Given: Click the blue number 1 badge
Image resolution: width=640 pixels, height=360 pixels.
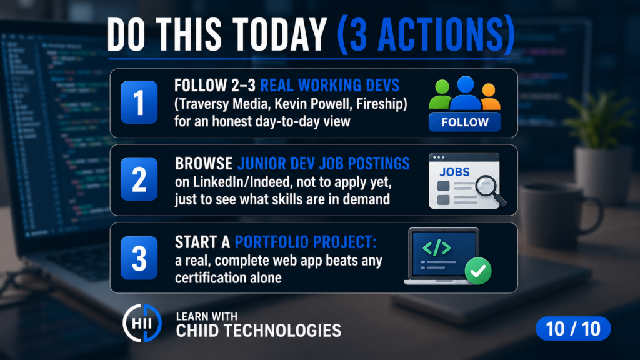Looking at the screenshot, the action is (x=139, y=102).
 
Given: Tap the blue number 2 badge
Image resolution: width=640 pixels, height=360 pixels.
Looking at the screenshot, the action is (x=139, y=179).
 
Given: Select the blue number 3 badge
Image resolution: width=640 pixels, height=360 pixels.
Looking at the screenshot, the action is (x=139, y=258).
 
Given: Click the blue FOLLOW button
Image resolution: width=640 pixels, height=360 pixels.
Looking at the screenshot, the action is (x=465, y=122).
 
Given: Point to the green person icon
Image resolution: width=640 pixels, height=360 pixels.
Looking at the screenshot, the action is (x=441, y=95).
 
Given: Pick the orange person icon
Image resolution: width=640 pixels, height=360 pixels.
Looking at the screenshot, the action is (x=489, y=97).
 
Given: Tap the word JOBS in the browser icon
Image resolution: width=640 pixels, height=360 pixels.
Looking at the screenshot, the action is (x=454, y=172).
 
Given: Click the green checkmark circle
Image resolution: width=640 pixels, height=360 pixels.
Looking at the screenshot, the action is (x=478, y=271).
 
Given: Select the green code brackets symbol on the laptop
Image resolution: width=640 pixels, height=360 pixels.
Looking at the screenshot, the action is (x=437, y=247).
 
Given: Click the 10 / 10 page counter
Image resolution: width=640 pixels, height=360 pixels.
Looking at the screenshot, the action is (x=573, y=329).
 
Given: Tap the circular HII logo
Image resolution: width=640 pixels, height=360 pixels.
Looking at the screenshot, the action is (x=142, y=323).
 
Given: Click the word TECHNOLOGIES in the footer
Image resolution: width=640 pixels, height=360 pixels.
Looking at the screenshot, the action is (x=283, y=331).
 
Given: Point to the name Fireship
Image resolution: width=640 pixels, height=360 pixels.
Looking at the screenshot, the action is (x=381, y=104).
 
